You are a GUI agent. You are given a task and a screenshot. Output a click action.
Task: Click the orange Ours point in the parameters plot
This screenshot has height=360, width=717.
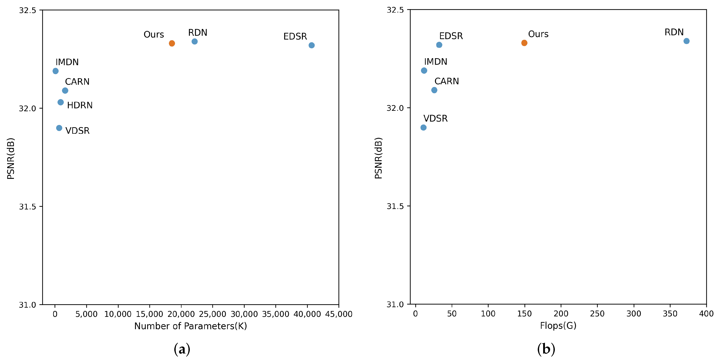pos(172,43)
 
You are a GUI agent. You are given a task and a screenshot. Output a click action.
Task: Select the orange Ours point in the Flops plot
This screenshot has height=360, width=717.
pos(524,43)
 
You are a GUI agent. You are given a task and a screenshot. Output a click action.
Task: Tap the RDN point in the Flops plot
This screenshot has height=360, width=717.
pos(686,41)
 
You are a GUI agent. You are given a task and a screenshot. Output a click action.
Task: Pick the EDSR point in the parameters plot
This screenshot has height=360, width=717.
pos(312,45)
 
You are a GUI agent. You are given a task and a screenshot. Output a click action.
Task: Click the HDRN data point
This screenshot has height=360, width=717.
pos(60,102)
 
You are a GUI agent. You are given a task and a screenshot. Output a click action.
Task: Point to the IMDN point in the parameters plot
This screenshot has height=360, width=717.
pos(55,71)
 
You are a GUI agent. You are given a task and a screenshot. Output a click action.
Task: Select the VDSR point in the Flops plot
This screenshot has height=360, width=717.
pos(423,127)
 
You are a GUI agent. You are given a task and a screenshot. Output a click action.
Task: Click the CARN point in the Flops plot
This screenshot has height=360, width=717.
pos(434,90)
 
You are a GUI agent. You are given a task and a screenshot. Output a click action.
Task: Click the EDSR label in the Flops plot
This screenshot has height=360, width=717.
pos(451,36)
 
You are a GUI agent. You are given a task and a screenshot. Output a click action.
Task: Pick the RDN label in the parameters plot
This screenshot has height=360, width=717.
pos(198,33)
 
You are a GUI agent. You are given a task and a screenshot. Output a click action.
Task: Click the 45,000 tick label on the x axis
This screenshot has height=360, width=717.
pos(339,314)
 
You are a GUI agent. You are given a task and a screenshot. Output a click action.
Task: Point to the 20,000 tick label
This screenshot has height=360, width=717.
pos(181,314)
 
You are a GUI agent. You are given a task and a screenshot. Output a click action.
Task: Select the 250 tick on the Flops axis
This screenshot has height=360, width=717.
pos(597,314)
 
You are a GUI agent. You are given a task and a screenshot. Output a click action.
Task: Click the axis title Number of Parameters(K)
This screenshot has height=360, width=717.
pos(190,326)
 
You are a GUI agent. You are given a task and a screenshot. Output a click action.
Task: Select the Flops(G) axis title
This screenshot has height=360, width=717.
pos(558,325)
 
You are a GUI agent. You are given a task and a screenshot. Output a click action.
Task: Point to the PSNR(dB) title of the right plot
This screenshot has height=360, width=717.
pos(378,158)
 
